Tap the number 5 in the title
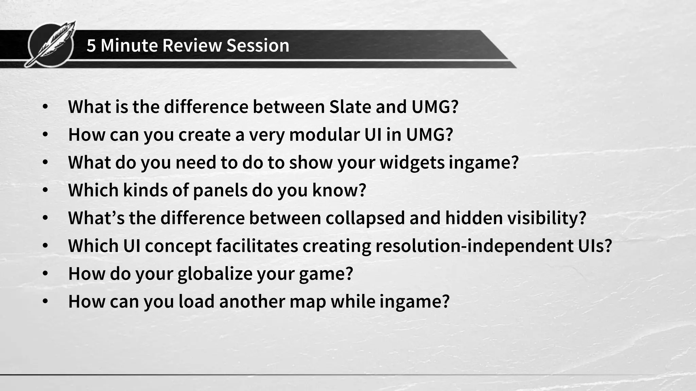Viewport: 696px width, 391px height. pyautogui.click(x=91, y=45)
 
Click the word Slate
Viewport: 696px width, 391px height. pyautogui.click(x=350, y=107)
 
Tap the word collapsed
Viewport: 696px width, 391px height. pyautogui.click(x=365, y=218)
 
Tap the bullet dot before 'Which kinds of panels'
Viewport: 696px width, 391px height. pyautogui.click(x=45, y=190)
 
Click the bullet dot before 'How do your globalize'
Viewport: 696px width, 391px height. pyautogui.click(x=45, y=274)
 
